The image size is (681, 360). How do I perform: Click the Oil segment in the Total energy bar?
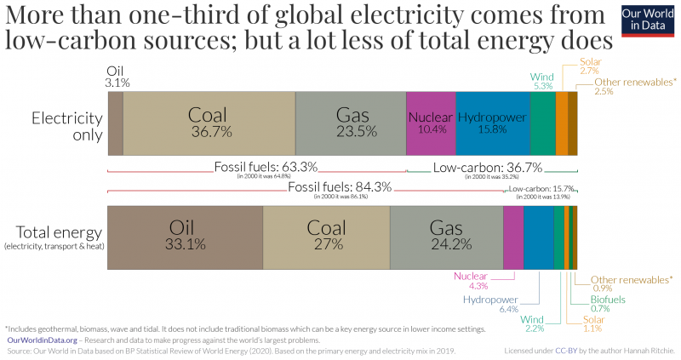coord(185,237)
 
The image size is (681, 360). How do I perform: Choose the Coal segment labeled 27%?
coord(326,237)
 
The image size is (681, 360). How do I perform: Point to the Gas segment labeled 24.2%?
coord(446,237)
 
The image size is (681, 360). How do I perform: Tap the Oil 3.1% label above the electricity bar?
coord(117,77)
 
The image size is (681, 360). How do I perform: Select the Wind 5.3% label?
coord(542,81)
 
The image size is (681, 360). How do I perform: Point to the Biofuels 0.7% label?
coord(609,303)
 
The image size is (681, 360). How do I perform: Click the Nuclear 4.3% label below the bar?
coord(471,281)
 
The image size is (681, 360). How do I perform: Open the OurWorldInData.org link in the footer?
coord(43,339)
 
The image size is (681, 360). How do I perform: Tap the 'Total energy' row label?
coord(53,233)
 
